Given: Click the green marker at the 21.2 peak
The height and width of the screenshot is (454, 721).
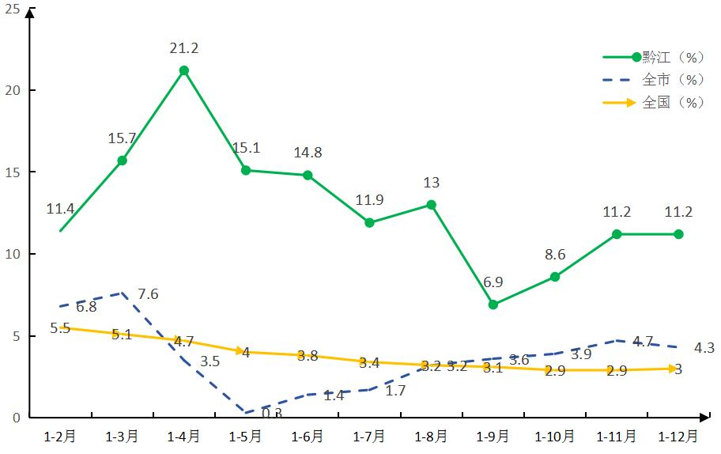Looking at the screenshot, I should (184, 70).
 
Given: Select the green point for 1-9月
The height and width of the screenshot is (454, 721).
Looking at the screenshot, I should (493, 305).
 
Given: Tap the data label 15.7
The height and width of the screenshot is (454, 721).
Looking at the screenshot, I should (123, 138).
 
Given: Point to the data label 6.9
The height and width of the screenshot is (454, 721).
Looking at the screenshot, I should (493, 282).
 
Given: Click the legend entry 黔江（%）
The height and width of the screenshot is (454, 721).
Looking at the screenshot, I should (672, 57).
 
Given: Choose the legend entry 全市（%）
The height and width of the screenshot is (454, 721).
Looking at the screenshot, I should (672, 80).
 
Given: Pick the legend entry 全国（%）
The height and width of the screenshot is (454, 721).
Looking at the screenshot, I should (672, 103).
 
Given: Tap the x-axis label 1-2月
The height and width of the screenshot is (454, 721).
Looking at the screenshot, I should (60, 436).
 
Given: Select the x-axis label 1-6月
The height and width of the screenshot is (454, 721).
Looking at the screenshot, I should (308, 436).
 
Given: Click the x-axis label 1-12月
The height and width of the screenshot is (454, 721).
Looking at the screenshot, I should (678, 436).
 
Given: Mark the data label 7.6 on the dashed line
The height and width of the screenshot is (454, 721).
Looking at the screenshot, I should (149, 294).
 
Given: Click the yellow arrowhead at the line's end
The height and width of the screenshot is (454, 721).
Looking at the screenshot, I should (678, 369).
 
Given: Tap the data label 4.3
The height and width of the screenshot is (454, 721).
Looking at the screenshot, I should (704, 347).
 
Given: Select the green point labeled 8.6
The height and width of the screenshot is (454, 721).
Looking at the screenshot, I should (555, 277).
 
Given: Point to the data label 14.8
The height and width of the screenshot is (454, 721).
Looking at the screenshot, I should (308, 153).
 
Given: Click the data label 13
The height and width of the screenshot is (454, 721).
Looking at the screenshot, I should (431, 183).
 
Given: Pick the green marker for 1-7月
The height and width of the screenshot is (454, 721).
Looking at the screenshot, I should (369, 223).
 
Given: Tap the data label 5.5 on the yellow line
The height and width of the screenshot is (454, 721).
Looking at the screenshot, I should (60, 327).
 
